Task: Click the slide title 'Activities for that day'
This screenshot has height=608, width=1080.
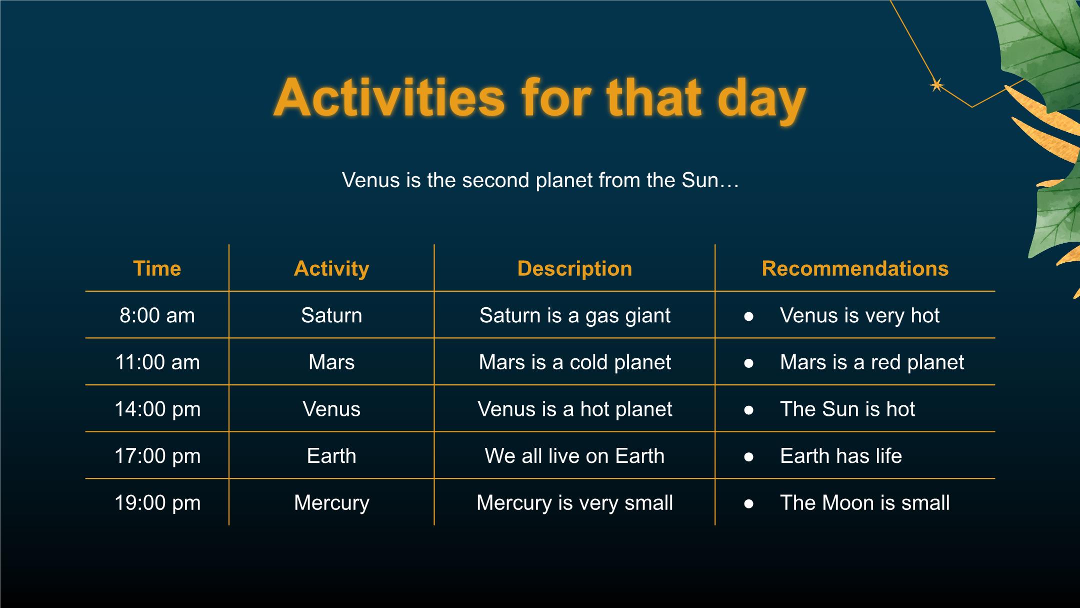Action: [x=539, y=99]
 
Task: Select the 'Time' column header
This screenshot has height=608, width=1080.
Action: [x=157, y=269]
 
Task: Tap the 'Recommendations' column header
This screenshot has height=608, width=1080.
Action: [x=855, y=269]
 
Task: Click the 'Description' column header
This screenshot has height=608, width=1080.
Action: [x=574, y=269]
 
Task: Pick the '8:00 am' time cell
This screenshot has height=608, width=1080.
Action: [x=157, y=316]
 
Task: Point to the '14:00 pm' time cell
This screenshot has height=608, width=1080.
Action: [x=157, y=409]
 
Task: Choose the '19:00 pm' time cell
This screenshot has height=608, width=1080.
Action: [x=157, y=503]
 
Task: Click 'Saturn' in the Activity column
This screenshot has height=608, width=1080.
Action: [x=331, y=316]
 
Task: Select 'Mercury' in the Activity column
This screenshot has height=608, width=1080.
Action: [x=331, y=503]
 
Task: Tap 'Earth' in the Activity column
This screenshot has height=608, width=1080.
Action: [x=331, y=456]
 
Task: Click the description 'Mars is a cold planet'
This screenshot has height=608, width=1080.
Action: [x=574, y=362]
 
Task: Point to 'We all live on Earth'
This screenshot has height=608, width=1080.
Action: [x=574, y=456]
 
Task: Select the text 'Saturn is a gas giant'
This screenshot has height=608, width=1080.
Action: [x=574, y=316]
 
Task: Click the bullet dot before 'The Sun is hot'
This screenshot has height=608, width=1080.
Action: [x=748, y=410]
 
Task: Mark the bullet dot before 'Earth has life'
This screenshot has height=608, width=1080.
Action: [x=748, y=456]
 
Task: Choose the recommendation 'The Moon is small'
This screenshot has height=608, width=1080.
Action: [x=864, y=503]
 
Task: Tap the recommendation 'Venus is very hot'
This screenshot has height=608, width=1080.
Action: [x=859, y=316]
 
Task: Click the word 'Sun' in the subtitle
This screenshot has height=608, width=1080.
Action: [x=700, y=180]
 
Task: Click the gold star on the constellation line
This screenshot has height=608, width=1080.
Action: [x=936, y=85]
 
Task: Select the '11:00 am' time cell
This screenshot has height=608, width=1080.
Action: [x=157, y=362]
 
